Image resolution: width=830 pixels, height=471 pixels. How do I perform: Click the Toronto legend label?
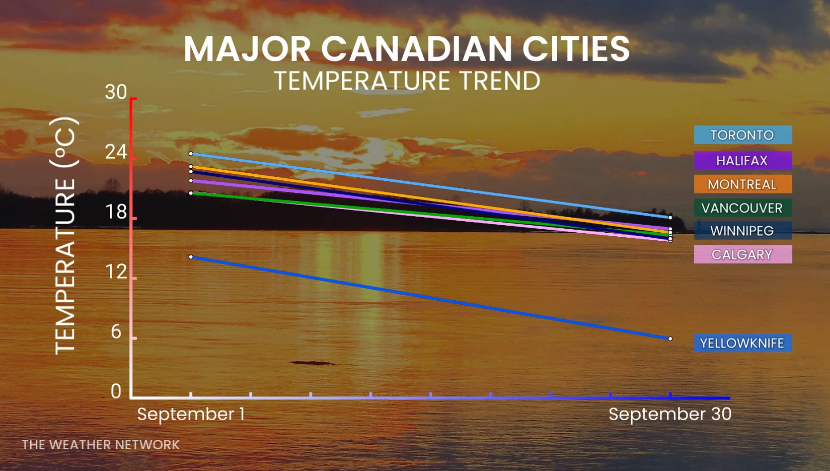tap(743, 135)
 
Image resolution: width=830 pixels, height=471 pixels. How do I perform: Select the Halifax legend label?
tap(743, 161)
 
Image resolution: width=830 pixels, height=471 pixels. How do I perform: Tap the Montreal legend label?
tap(743, 184)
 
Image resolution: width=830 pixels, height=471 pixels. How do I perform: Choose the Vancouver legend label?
tap(743, 208)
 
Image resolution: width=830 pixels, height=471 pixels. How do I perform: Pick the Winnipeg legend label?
tap(743, 231)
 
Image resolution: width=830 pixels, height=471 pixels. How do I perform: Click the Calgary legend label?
tap(743, 254)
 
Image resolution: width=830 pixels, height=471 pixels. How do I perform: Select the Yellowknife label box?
tap(743, 343)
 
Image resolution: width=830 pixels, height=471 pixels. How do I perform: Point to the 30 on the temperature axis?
tap(116, 92)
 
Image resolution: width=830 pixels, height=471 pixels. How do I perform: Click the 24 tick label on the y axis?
tap(116, 152)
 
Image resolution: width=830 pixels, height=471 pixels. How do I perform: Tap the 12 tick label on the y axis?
tap(116, 272)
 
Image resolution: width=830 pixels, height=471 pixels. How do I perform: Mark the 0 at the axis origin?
tap(116, 391)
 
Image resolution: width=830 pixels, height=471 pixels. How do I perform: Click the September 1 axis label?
tap(191, 414)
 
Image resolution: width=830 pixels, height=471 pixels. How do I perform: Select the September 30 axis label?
tap(670, 414)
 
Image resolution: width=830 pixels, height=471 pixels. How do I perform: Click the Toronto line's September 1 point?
tap(191, 154)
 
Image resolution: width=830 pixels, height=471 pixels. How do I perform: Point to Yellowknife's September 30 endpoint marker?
tap(670, 339)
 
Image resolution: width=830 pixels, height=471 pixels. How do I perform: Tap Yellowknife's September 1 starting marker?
tap(191, 256)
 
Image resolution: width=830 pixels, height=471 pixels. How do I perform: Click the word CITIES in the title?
tap(576, 48)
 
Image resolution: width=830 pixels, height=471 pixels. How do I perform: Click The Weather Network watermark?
tap(101, 445)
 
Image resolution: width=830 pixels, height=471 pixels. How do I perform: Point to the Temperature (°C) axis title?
tap(65, 236)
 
